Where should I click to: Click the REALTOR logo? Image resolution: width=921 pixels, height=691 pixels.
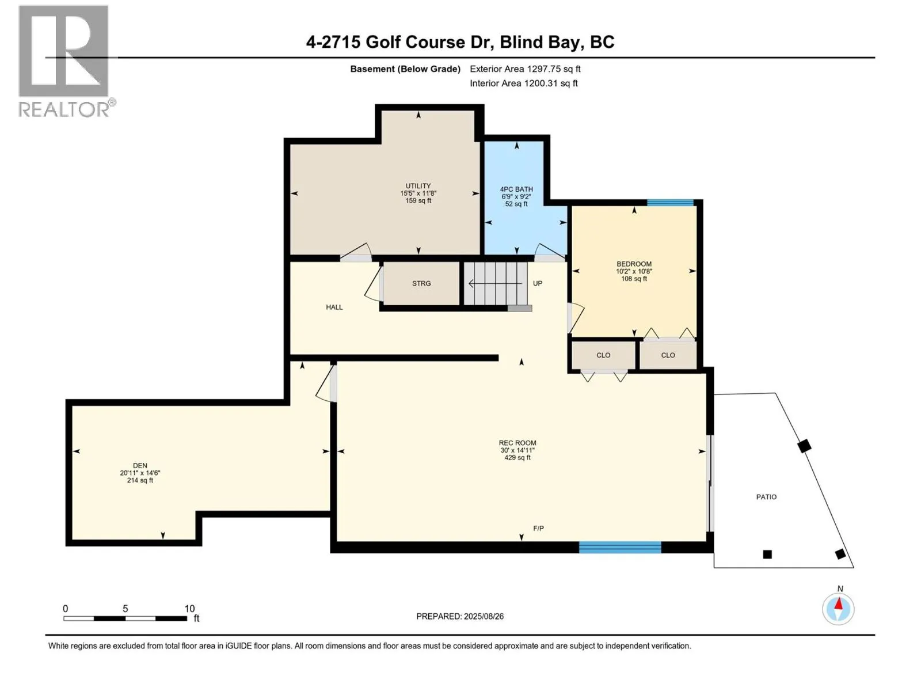66,61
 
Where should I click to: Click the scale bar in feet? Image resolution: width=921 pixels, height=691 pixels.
125,618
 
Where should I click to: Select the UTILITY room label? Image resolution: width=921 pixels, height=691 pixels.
418,186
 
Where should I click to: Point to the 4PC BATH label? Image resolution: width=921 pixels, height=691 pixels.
516,189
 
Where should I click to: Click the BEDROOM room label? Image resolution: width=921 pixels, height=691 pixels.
634,264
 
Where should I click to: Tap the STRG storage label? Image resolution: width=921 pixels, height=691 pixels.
421,284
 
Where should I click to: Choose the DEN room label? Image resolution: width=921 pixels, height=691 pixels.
140,465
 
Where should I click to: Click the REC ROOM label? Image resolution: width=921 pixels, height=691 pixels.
517,443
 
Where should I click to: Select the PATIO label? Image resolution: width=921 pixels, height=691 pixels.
766,497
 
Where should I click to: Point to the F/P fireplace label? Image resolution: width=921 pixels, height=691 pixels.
538,528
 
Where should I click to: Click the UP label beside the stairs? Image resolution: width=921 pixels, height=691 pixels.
538,283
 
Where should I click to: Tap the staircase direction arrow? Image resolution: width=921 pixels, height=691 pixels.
495,284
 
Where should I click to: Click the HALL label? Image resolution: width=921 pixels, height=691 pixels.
334,307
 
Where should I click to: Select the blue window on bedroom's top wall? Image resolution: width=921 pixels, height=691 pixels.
670,203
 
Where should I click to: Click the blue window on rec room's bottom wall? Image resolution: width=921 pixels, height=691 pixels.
620,548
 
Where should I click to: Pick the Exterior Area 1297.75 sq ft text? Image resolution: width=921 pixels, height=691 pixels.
525,69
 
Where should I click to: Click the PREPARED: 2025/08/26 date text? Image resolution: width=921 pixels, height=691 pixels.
460,616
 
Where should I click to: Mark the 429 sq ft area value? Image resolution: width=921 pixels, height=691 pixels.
517,458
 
